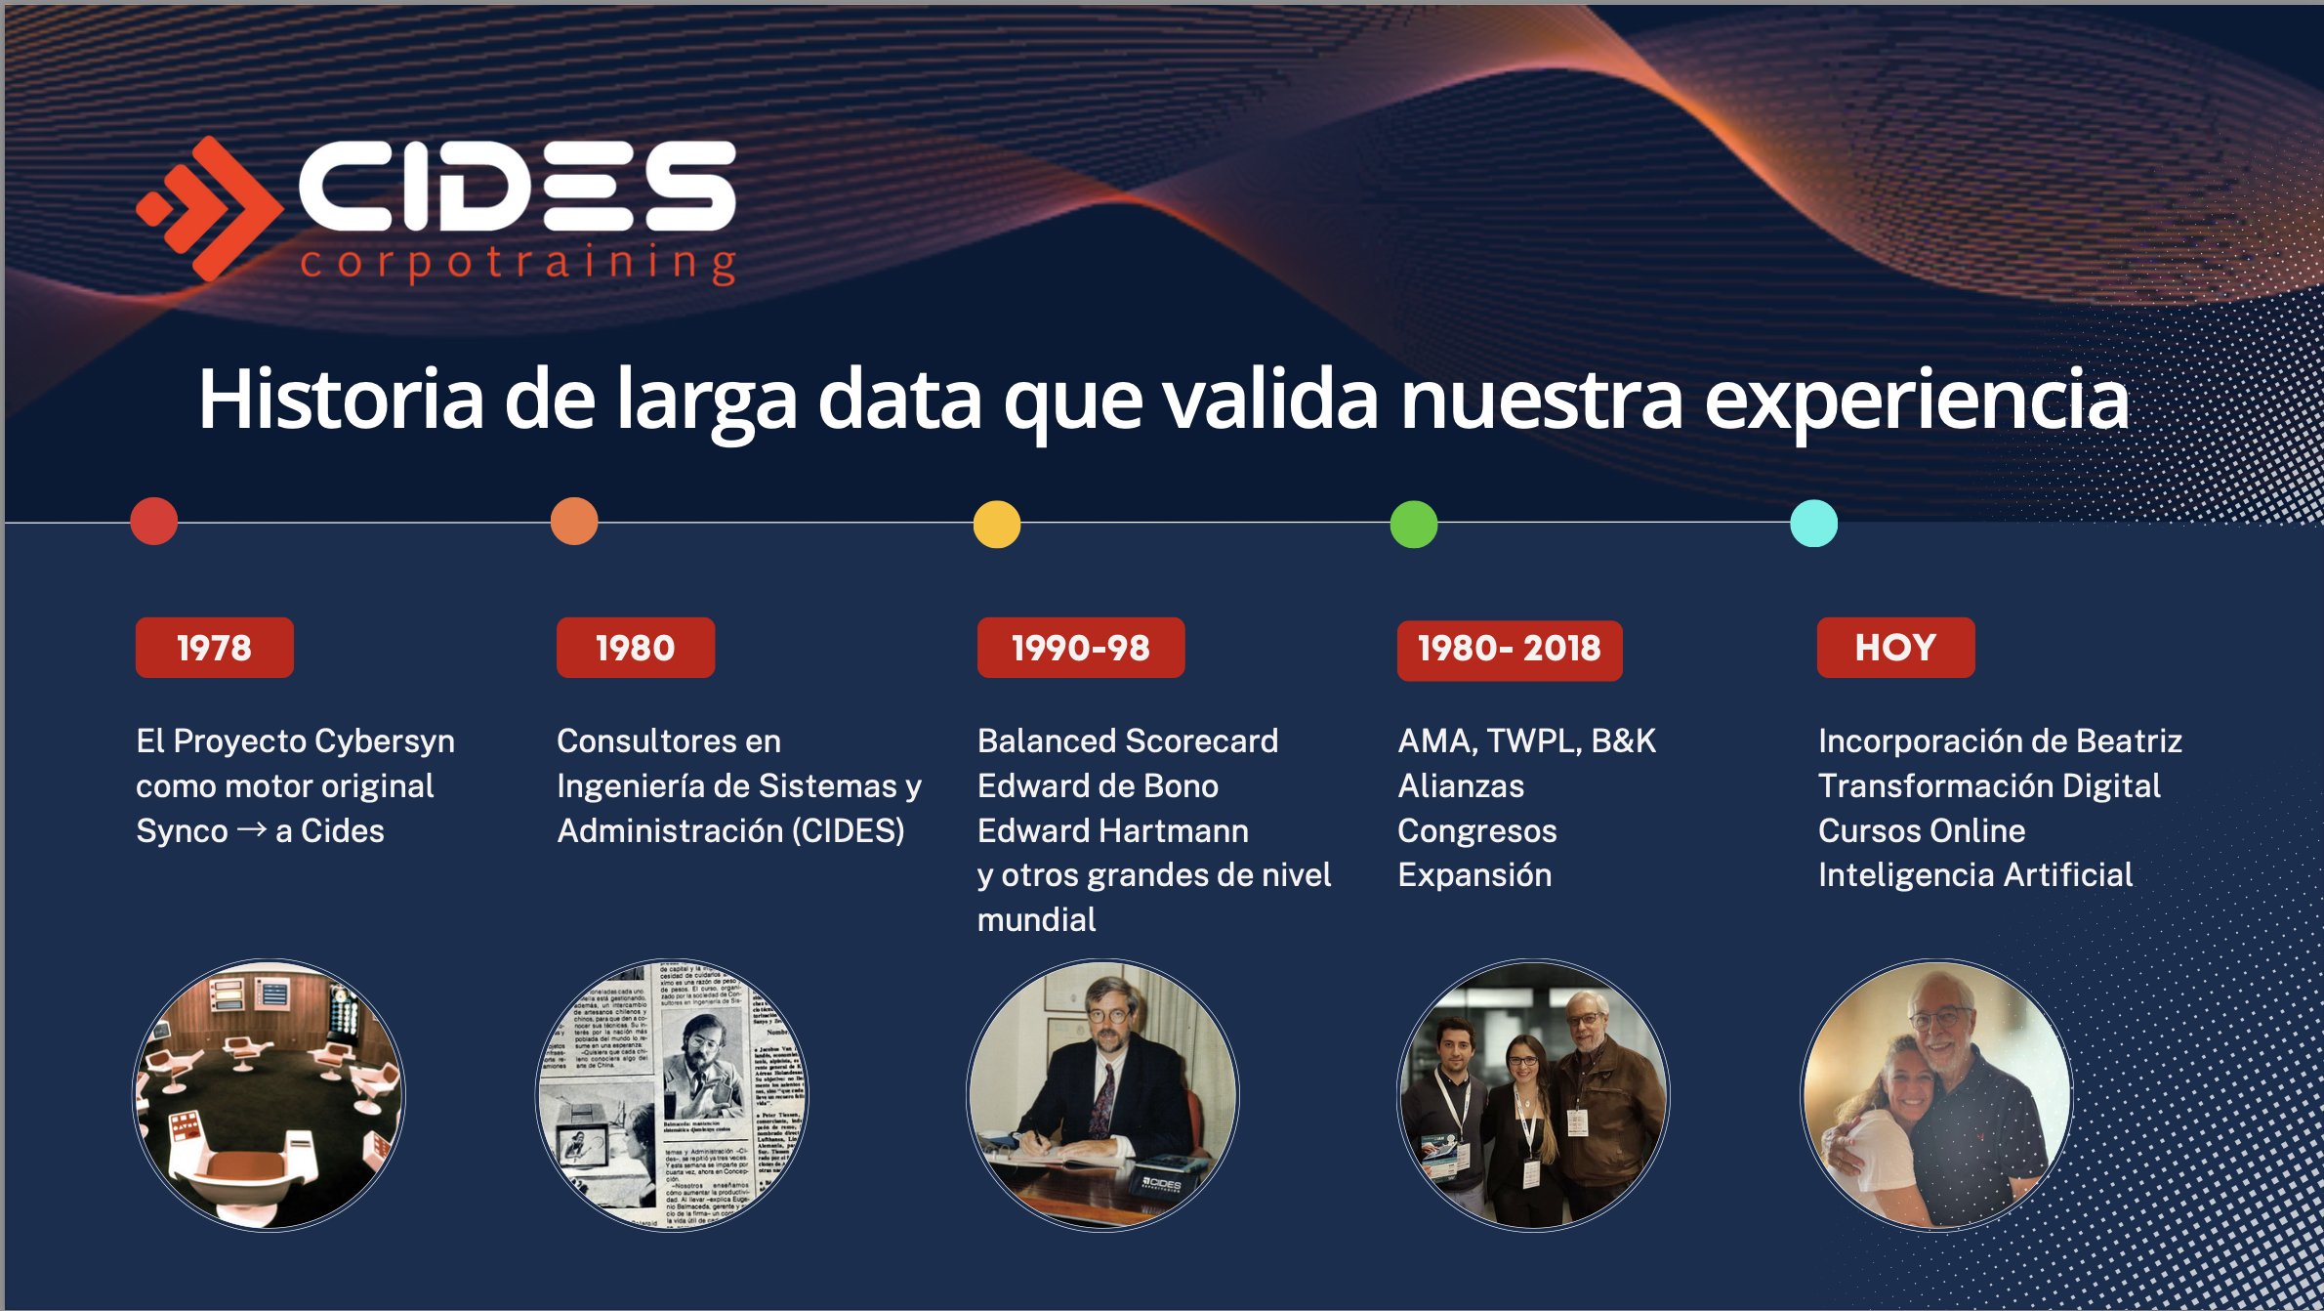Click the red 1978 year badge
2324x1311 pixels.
(214, 648)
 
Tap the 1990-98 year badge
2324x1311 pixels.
(1080, 648)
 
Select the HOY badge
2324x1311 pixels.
(1894, 648)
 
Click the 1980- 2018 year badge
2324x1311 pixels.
(1509, 650)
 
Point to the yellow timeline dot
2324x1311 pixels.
(996, 525)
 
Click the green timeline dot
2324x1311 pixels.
(1413, 525)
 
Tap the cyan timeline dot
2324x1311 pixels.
(1813, 523)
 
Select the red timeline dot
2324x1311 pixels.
(154, 521)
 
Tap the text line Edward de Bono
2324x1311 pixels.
(1098, 785)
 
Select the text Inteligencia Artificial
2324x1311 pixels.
(1974, 874)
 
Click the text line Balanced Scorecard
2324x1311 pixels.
(1127, 740)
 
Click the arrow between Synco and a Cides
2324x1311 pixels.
(252, 829)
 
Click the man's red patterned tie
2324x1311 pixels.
(1103, 1099)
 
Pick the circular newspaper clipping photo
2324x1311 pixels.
(672, 1094)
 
